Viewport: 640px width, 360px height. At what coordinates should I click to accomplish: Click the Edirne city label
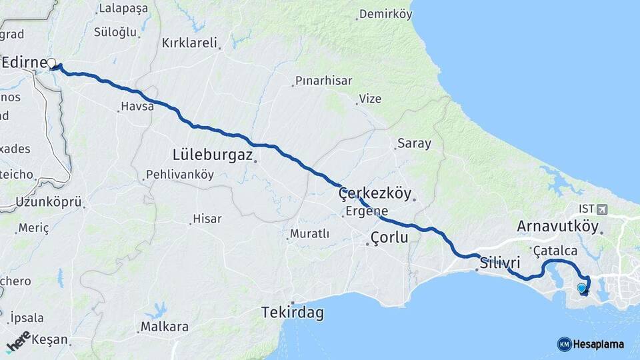click(24, 63)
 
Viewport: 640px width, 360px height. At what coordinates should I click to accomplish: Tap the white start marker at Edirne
click(51, 64)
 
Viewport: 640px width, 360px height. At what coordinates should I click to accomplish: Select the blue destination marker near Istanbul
click(582, 288)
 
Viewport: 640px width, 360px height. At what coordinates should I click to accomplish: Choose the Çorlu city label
click(389, 237)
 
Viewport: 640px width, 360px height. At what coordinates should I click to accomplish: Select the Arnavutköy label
click(557, 227)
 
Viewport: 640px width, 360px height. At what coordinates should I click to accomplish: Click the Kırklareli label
click(190, 43)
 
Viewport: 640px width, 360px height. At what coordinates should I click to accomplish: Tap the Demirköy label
click(385, 14)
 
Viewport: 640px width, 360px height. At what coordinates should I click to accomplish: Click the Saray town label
click(414, 143)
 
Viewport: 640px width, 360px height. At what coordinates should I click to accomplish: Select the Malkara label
click(164, 327)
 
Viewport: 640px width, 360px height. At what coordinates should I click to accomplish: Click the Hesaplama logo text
click(599, 344)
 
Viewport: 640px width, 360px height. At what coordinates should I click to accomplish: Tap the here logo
click(18, 341)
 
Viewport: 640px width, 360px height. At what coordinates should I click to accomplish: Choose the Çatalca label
click(555, 251)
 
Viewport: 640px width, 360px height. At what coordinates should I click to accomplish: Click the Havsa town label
click(137, 106)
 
